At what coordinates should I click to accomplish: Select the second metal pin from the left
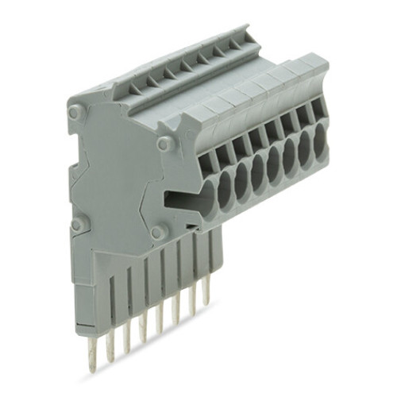(110, 338)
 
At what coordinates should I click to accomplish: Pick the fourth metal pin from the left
(144, 322)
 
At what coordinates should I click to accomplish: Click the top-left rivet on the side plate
(75, 114)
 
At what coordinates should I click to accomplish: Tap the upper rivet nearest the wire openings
(164, 144)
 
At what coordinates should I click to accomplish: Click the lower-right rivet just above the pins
(157, 233)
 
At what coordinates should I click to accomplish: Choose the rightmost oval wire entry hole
(320, 141)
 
